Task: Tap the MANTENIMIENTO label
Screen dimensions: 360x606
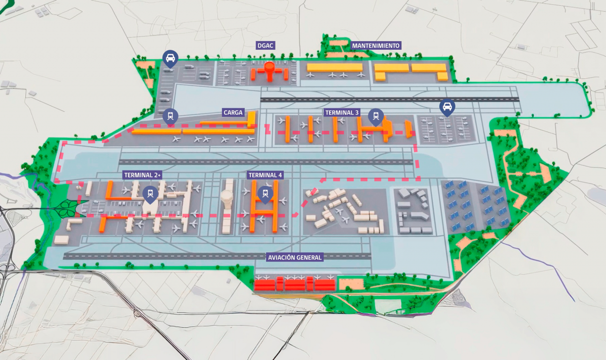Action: [376, 46]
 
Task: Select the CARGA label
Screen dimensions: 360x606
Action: [233, 113]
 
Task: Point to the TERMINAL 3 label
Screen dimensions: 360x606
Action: [342, 113]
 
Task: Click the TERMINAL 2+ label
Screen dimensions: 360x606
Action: [143, 175]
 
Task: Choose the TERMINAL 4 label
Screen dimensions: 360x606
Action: [265, 175]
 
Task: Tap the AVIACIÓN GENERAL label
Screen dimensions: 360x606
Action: [294, 257]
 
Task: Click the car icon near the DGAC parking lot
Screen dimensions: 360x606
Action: [170, 59]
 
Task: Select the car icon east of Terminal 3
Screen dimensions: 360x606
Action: [447, 107]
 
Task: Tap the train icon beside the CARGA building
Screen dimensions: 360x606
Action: [170, 116]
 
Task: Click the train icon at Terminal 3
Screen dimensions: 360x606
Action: [376, 115]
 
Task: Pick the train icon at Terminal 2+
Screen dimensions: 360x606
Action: [151, 193]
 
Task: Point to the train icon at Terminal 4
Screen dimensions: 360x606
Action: [265, 193]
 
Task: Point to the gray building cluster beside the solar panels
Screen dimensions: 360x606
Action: [412, 211]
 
